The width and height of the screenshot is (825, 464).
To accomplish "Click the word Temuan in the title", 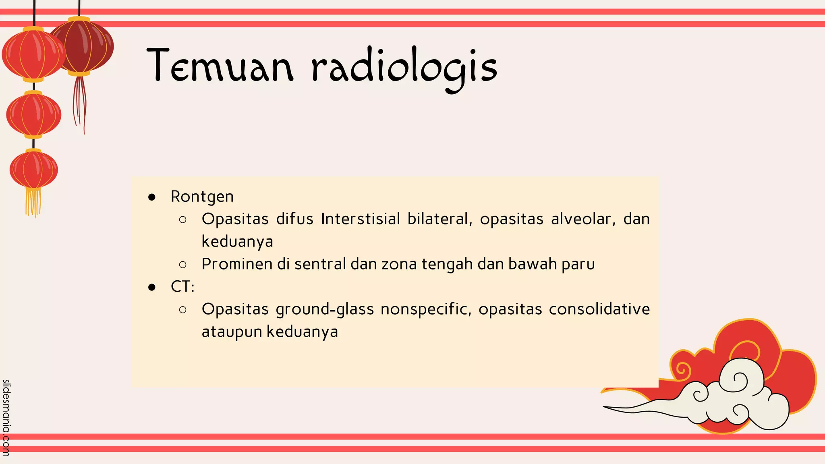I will click(x=220, y=66).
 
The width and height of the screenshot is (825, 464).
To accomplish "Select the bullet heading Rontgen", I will click(x=202, y=197).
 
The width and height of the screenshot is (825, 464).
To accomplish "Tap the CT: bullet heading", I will click(x=182, y=287).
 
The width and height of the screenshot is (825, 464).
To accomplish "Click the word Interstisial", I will click(x=361, y=219).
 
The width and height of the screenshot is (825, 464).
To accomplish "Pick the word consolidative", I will click(x=599, y=309).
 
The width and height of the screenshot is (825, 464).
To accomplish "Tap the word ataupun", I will click(x=232, y=332).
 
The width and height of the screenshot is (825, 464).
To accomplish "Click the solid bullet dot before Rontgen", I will click(x=152, y=197).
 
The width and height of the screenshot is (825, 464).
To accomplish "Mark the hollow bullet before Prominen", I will click(x=182, y=265).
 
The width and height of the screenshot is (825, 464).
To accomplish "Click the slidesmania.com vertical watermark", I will click(x=6, y=417).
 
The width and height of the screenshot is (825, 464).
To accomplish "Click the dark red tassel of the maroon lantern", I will click(x=79, y=103).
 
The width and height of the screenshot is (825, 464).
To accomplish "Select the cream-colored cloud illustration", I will click(x=733, y=397).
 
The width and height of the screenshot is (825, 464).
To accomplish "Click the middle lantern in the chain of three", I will click(x=34, y=114).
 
